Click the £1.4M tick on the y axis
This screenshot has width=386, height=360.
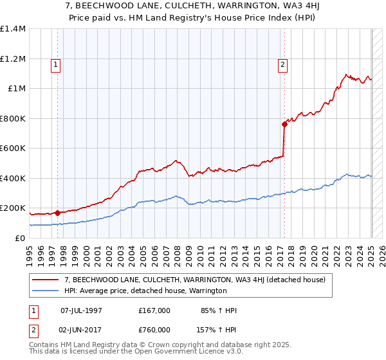(x=13, y=29)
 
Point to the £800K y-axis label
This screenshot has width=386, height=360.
(x=13, y=118)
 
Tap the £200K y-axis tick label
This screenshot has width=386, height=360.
(x=13, y=208)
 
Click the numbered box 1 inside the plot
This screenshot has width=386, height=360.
(x=56, y=64)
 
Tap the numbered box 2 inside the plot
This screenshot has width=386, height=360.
(x=282, y=64)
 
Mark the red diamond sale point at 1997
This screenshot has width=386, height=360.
(x=57, y=213)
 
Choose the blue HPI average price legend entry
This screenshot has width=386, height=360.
(x=145, y=291)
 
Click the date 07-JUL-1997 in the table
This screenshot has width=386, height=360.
(x=82, y=310)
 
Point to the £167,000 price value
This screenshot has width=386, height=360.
(x=154, y=310)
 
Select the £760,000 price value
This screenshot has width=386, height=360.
(x=154, y=330)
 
